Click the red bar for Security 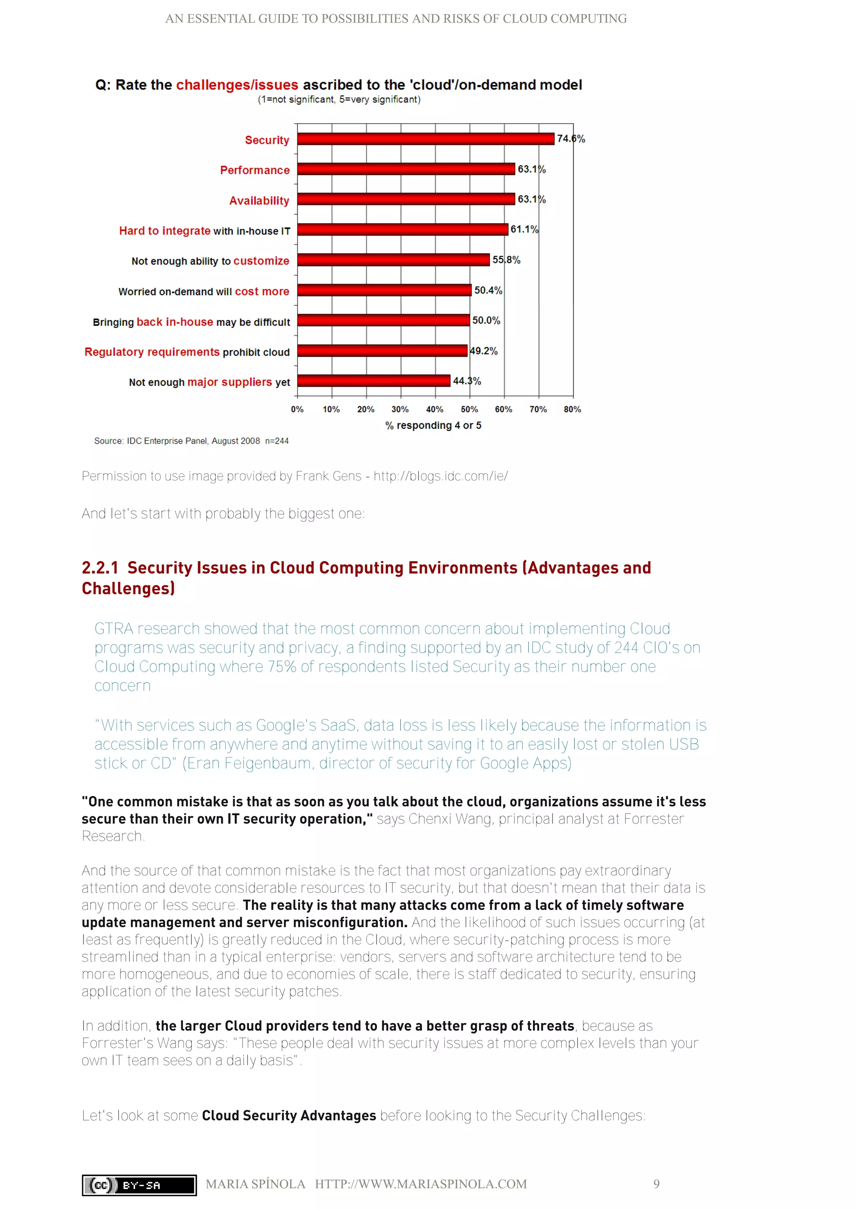(x=425, y=139)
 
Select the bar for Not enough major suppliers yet (x=374, y=381)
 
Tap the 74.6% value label (x=571, y=139)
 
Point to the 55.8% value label (x=506, y=260)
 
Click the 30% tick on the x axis (x=400, y=409)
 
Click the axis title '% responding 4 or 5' (x=433, y=425)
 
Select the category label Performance (x=255, y=170)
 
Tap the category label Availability (x=259, y=201)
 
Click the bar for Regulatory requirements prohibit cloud (x=382, y=351)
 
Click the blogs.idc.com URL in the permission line (x=441, y=476)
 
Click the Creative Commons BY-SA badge (x=139, y=1185)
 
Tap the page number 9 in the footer (x=656, y=1184)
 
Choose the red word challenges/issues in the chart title (x=237, y=85)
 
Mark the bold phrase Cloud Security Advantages (x=289, y=1115)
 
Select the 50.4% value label (x=488, y=290)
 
